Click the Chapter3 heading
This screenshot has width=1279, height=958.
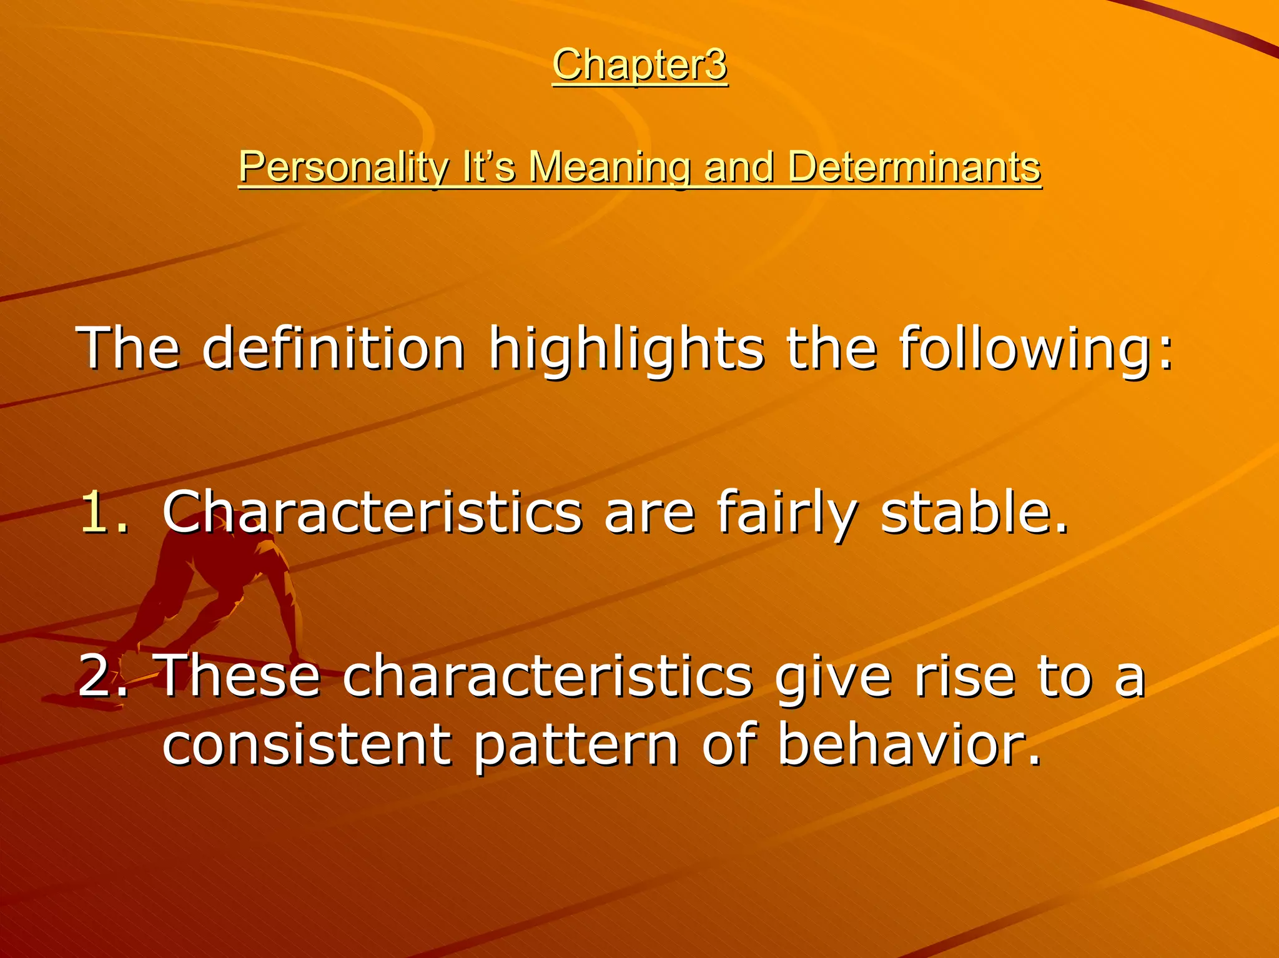(x=639, y=65)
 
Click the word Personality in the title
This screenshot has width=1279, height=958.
(x=343, y=167)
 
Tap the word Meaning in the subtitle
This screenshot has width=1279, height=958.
(x=609, y=167)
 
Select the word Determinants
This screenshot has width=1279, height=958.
(x=914, y=167)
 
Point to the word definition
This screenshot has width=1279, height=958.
(x=333, y=348)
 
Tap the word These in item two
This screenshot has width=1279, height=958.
(x=240, y=676)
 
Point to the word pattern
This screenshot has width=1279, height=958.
(x=575, y=746)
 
